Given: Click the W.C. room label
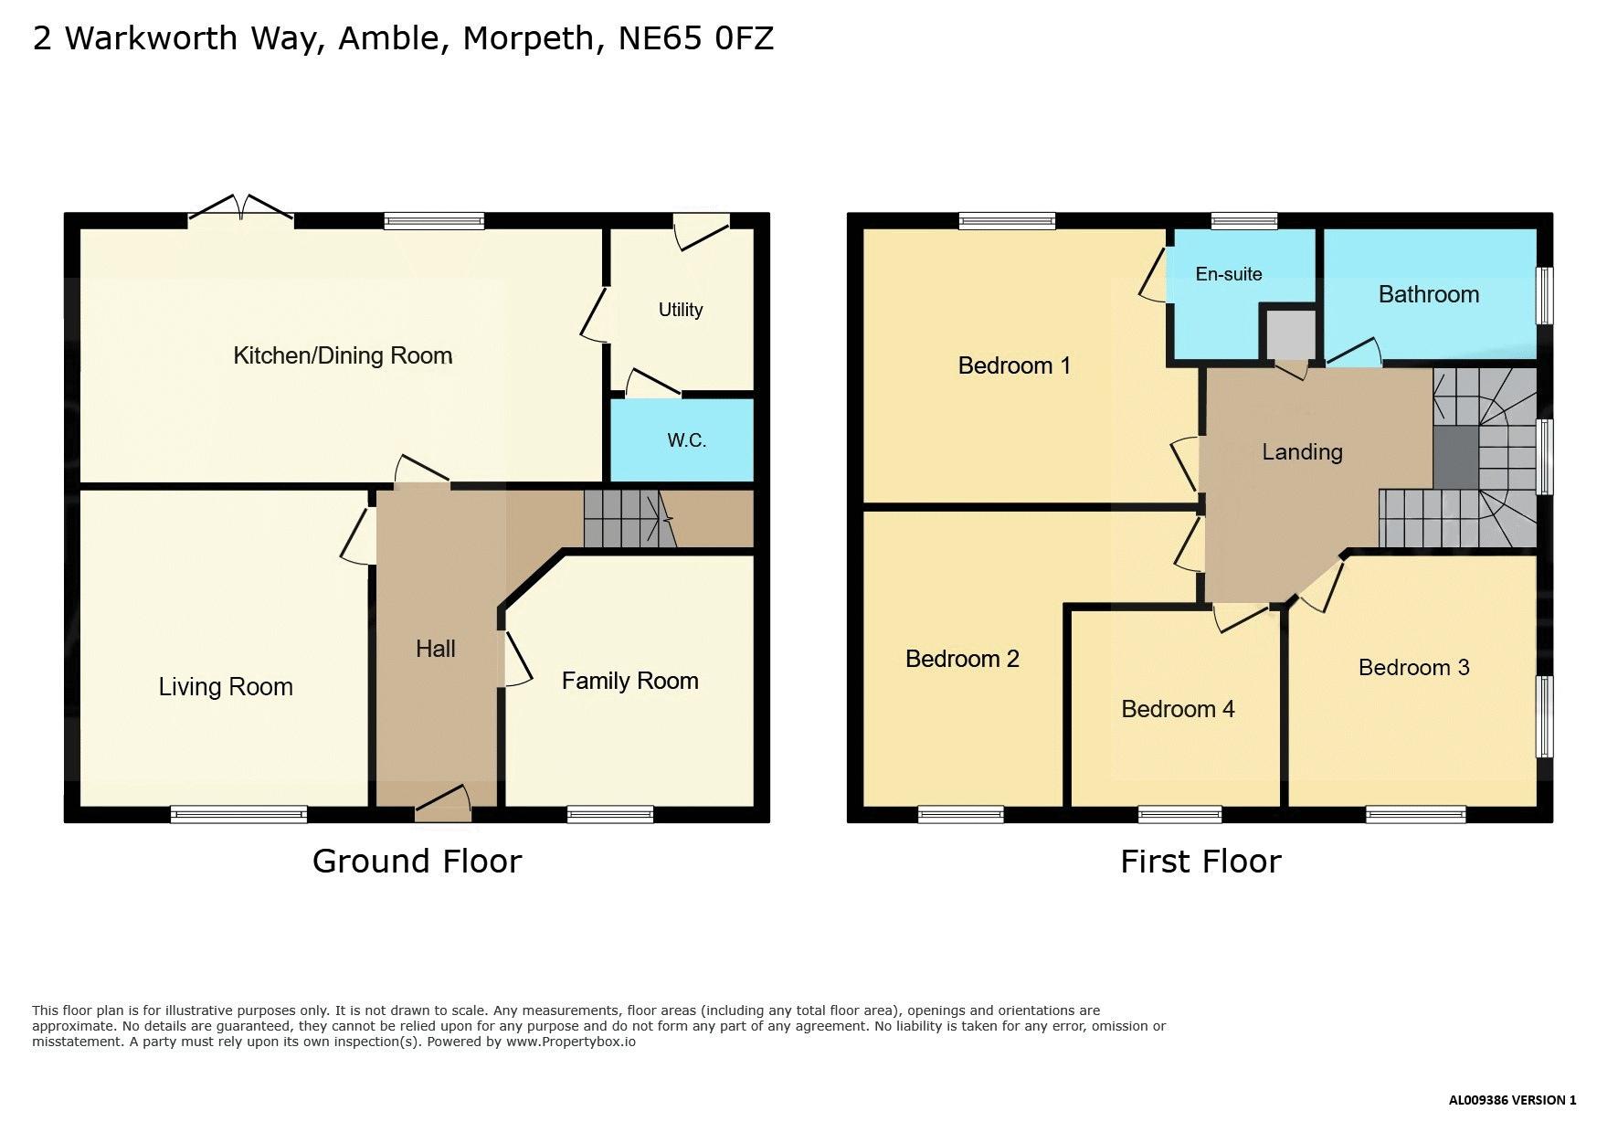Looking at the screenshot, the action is [x=686, y=440].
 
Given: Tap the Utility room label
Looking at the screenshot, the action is [x=681, y=310].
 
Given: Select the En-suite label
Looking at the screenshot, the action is [x=1229, y=274].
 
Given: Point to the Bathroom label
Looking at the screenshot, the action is [x=1429, y=294].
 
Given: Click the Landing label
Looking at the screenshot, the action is [x=1302, y=452].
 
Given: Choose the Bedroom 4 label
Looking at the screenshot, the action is [x=1178, y=709].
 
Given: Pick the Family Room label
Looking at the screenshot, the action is [x=629, y=681].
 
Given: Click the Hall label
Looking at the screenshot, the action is [x=435, y=649].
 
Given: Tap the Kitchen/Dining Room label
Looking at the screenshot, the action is [x=343, y=355].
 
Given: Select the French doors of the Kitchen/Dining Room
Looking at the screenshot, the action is [x=241, y=209].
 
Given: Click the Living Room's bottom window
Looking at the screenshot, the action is [x=238, y=814].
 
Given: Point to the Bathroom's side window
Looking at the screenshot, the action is [x=1545, y=295].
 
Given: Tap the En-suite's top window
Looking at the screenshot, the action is [x=1243, y=220].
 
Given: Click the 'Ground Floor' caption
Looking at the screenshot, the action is [x=417, y=862].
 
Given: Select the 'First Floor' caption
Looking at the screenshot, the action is [x=1200, y=862].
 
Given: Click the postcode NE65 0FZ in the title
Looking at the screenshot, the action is [x=696, y=38].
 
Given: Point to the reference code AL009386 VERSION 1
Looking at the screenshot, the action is [x=1512, y=1100].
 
